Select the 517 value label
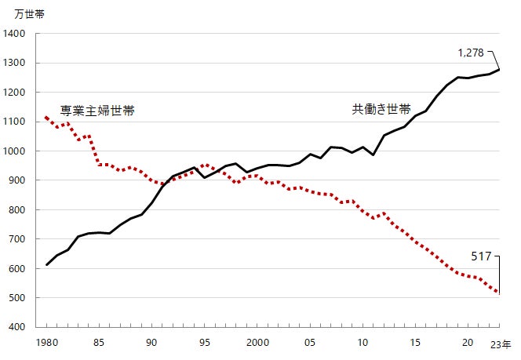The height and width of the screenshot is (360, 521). point(482,256)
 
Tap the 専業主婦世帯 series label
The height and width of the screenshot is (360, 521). point(97,111)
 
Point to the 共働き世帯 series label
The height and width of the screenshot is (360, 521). point(381,110)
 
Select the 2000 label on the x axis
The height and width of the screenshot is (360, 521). point(257,343)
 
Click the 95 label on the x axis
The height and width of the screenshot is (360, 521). point(205,343)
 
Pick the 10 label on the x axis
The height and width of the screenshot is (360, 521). point(363,343)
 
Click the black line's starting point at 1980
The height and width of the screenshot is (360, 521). point(46,265)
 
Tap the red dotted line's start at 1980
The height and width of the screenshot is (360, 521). point(46,117)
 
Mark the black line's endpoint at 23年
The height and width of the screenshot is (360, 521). point(500,70)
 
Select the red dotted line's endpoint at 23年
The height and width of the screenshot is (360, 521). point(500,293)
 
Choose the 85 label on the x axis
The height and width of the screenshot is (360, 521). point(100,343)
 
